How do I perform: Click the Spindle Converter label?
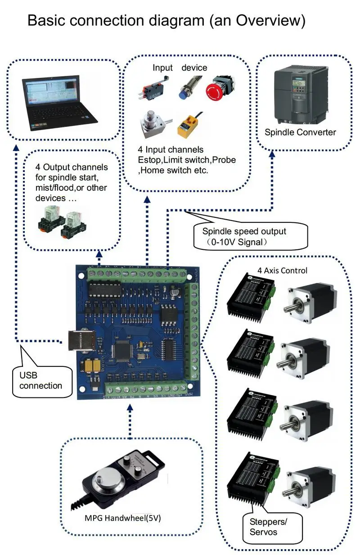pyautogui.click(x=300, y=132)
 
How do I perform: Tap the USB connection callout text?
pyautogui.click(x=40, y=381)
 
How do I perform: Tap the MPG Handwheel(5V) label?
pyautogui.click(x=123, y=518)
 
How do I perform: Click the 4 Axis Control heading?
pyautogui.click(x=282, y=271)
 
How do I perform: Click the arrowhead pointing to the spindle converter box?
pyautogui.click(x=272, y=153)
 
